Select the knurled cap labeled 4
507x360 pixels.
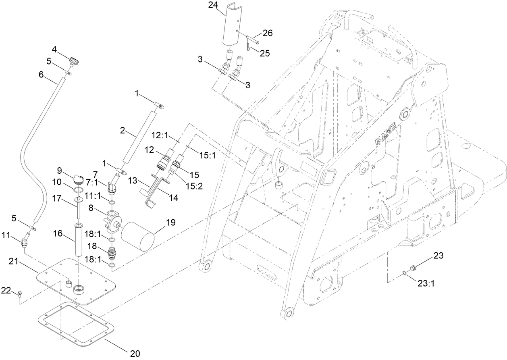click(x=74, y=62)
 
